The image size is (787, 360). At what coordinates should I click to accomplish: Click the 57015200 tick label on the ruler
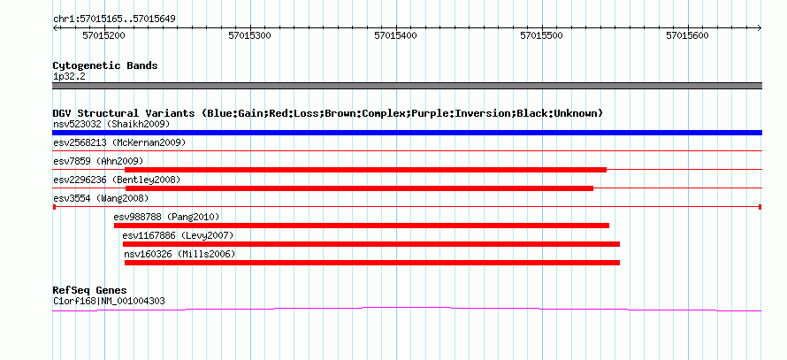[x=103, y=35]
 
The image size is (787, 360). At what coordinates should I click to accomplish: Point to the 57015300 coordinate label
[x=249, y=35]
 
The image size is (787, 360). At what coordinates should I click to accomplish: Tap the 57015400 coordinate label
[x=395, y=35]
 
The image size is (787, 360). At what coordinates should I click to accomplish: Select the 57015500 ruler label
[x=541, y=35]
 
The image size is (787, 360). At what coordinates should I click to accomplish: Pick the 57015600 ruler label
[x=687, y=35]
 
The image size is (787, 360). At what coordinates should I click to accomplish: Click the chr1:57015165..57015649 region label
[x=114, y=19]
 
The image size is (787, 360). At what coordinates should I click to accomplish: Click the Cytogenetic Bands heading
[x=105, y=65]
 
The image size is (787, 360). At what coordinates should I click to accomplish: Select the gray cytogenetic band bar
[x=407, y=86]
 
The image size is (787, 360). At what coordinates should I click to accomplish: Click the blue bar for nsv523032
[x=407, y=133]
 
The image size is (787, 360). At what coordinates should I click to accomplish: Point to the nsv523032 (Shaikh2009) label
[x=112, y=124]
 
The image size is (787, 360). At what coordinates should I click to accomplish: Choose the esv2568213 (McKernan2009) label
[x=119, y=142]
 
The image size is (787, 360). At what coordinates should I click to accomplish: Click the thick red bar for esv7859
[x=365, y=170]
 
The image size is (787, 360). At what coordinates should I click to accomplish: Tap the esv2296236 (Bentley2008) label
[x=117, y=180]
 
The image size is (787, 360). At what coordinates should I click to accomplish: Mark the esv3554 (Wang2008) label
[x=101, y=198]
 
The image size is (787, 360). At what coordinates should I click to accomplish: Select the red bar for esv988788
[x=362, y=226]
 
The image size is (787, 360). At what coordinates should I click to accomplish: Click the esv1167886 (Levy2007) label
[x=178, y=235]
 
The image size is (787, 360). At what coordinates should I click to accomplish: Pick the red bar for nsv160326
[x=372, y=263]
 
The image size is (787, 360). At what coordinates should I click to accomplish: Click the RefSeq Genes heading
[x=90, y=290]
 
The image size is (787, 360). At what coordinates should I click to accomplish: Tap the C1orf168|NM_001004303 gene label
[x=109, y=302]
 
